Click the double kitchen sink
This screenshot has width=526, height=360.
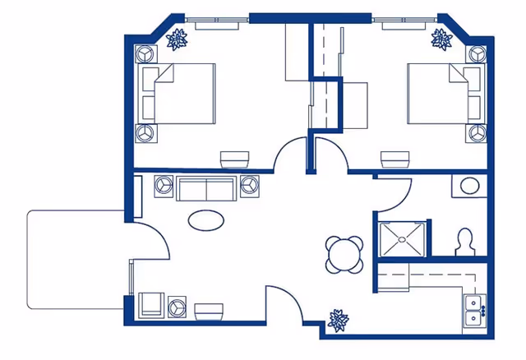(x=473, y=312)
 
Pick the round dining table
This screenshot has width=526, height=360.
(x=344, y=254)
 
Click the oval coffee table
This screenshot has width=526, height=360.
(x=205, y=220)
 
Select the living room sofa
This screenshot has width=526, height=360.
(x=205, y=188)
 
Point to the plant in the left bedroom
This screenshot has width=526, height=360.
(x=178, y=38)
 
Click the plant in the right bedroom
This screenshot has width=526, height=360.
(x=442, y=39)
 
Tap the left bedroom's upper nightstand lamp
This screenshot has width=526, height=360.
(x=145, y=54)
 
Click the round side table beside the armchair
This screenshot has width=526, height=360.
(x=178, y=308)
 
